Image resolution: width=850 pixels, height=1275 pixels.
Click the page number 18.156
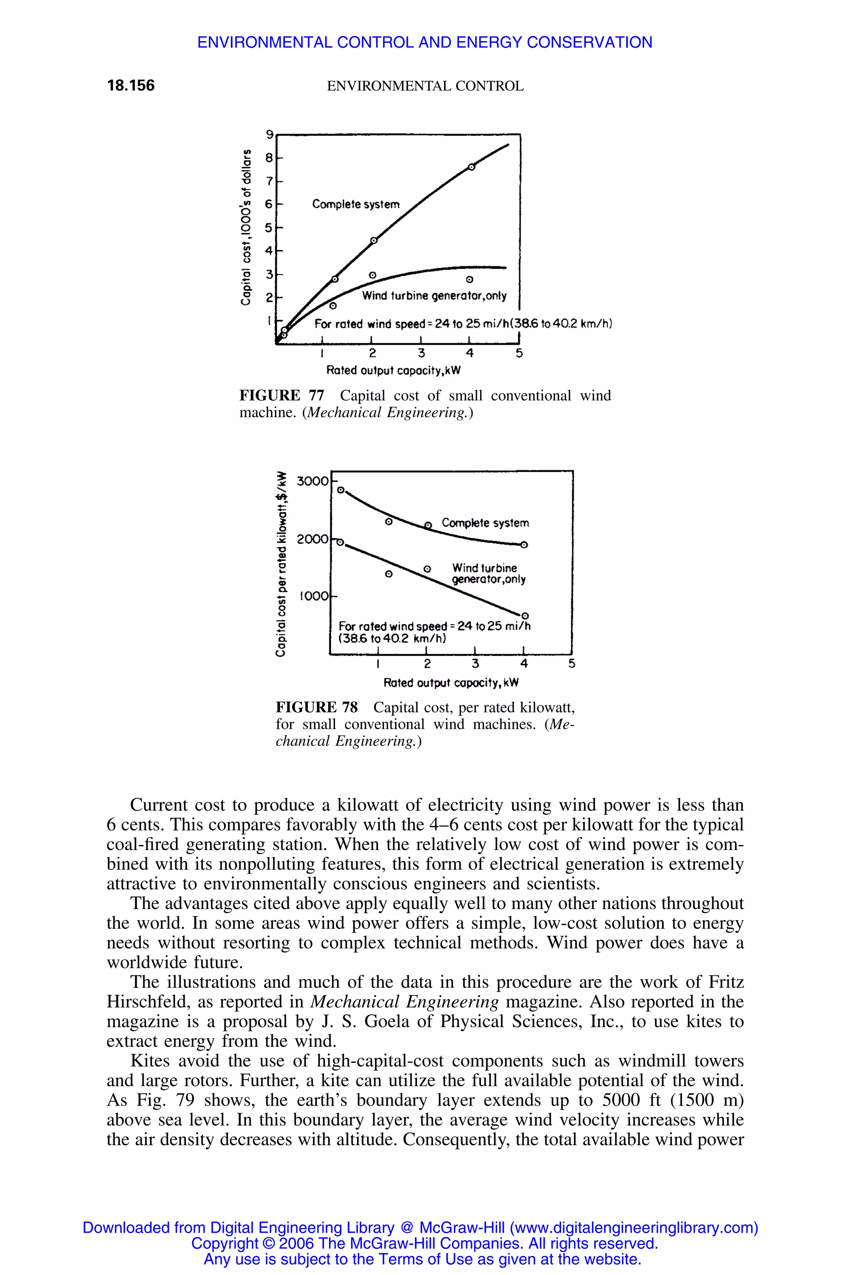tap(131, 85)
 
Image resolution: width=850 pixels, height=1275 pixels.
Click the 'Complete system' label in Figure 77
tap(356, 204)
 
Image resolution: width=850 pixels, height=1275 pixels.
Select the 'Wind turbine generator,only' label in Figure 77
tap(434, 296)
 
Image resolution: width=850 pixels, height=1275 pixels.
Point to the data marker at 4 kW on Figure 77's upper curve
tap(471, 167)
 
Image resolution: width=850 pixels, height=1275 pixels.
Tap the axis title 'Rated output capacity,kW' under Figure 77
tap(393, 371)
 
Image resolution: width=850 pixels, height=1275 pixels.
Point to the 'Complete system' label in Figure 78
tap(485, 523)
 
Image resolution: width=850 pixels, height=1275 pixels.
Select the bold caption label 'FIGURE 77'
tap(282, 396)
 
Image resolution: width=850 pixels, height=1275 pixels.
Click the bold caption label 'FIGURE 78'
tap(317, 707)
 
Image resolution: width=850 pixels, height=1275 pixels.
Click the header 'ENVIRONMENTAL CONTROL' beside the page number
tap(425, 86)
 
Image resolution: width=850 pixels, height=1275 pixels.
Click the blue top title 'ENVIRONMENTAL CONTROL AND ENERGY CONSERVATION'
tap(425, 42)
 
